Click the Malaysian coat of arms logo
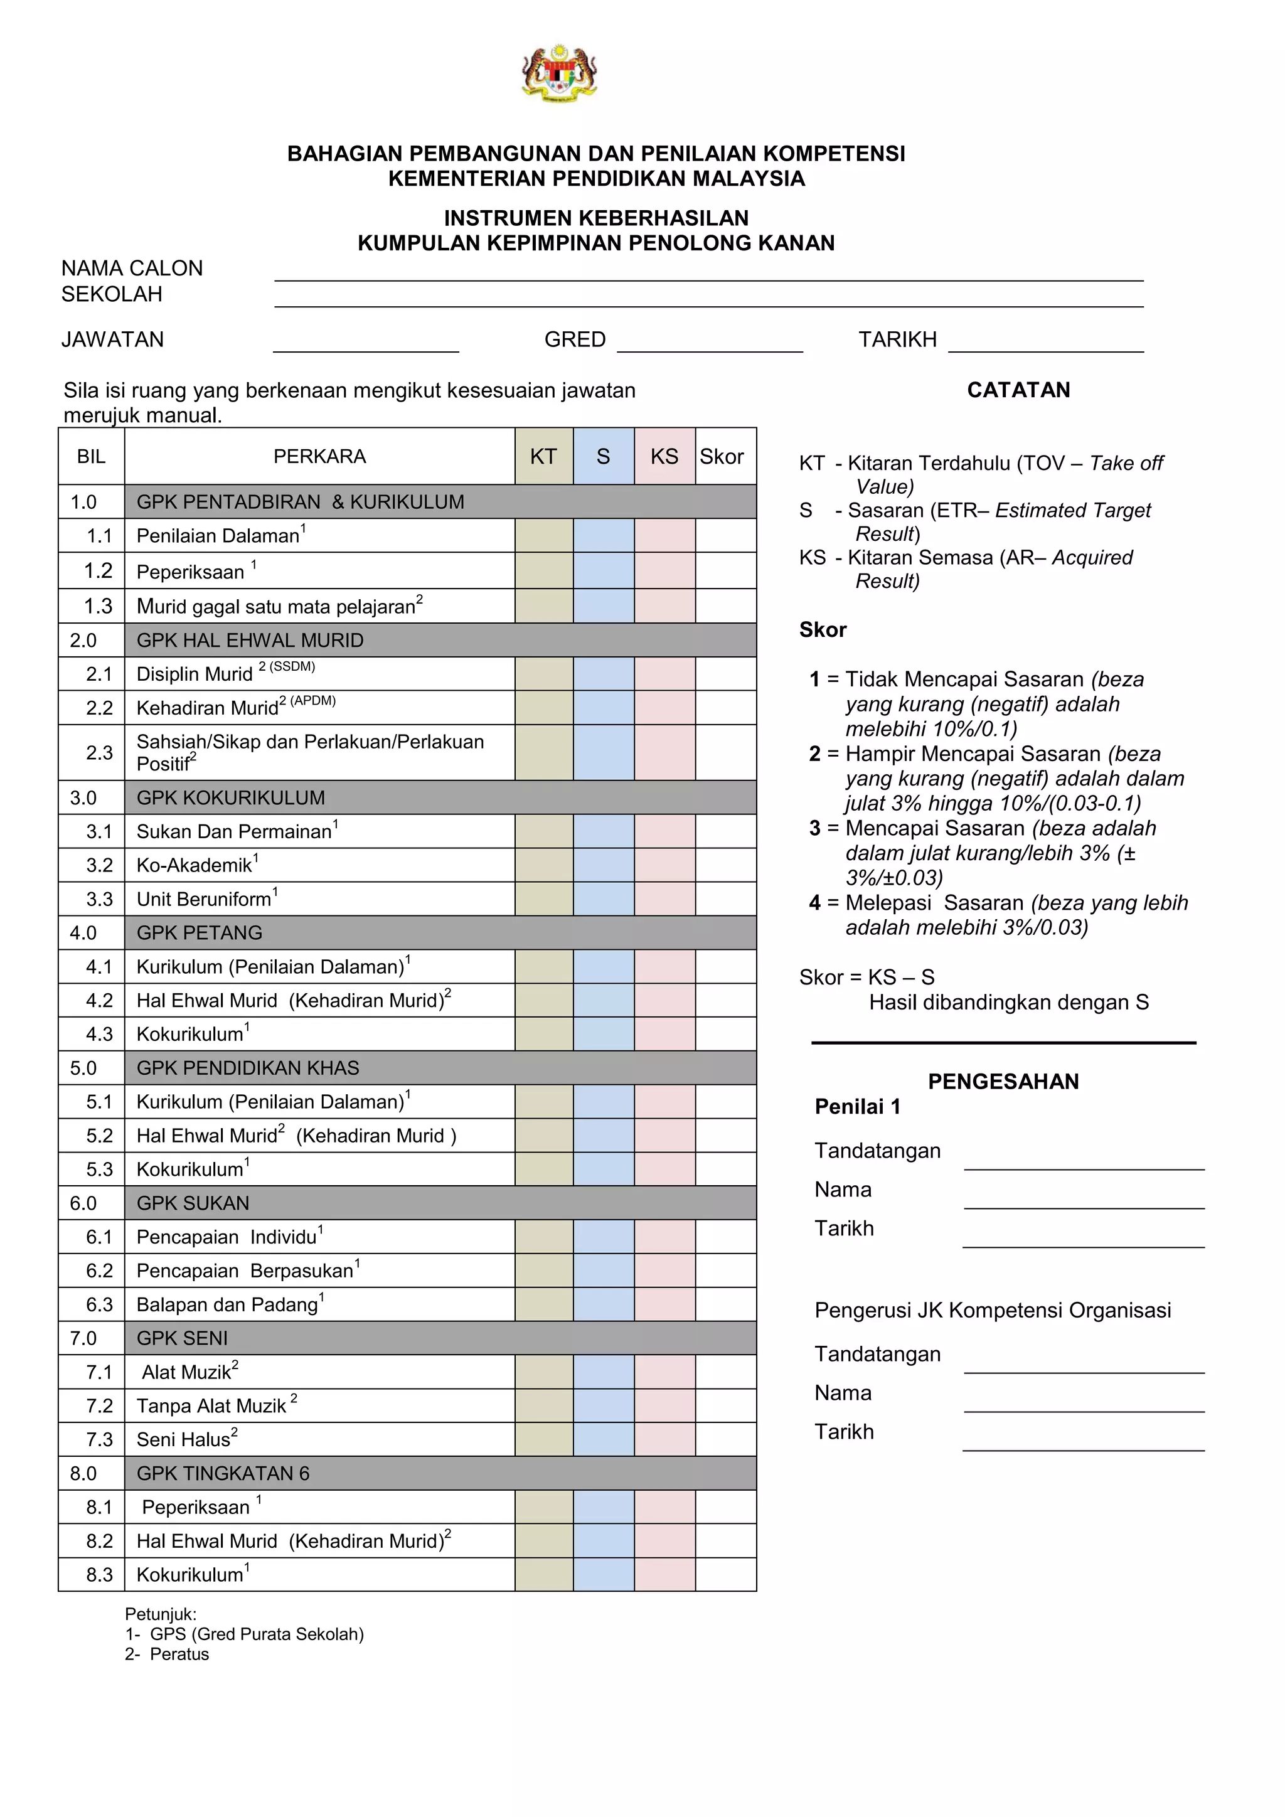pos(560,73)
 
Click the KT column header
pos(543,457)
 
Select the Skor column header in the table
pos(722,457)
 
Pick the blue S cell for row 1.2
pos(603,570)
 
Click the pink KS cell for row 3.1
pos(664,831)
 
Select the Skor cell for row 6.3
pos(725,1304)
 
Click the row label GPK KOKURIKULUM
pos(230,797)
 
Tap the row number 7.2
pos(99,1406)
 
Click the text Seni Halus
pos(184,1439)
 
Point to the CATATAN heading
pos(1018,390)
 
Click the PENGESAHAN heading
pos(1003,1082)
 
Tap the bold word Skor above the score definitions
pos(823,630)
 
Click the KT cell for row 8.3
pos(543,1575)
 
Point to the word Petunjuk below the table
pos(161,1614)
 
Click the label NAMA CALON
pos(132,269)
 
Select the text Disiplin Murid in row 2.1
pos(194,674)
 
